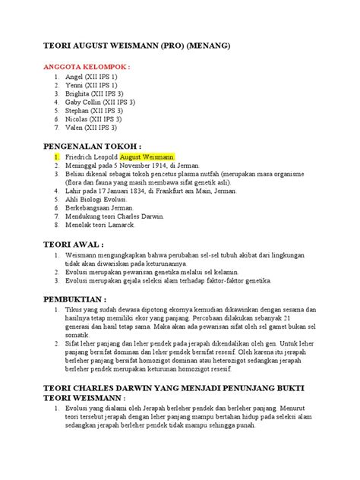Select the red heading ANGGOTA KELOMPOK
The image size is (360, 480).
(x=90, y=67)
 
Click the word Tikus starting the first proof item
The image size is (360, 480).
(x=74, y=311)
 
